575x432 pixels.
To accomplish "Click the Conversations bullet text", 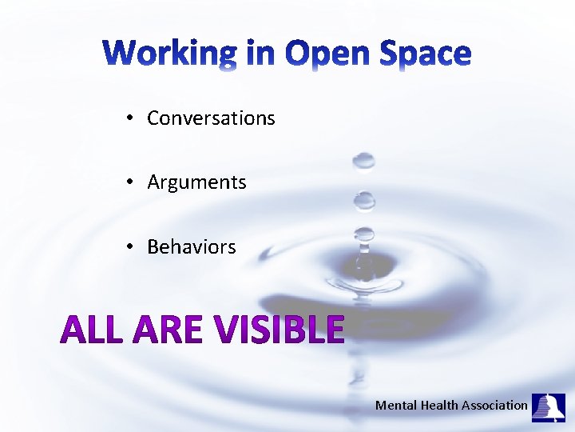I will [x=211, y=118].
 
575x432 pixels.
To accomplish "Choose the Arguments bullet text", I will [x=196, y=182].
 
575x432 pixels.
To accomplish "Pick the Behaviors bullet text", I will [x=192, y=247].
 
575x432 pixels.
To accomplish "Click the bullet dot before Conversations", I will [x=129, y=119].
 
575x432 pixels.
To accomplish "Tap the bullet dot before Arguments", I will [x=129, y=183].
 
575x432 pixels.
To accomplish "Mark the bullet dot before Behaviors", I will [x=129, y=248].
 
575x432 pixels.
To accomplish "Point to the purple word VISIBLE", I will [x=276, y=330].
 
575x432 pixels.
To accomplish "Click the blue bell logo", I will [x=549, y=407].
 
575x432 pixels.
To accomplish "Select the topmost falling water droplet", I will [x=364, y=161].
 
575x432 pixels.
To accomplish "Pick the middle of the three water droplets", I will [x=365, y=201].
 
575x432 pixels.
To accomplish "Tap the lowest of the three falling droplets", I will [x=365, y=235].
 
